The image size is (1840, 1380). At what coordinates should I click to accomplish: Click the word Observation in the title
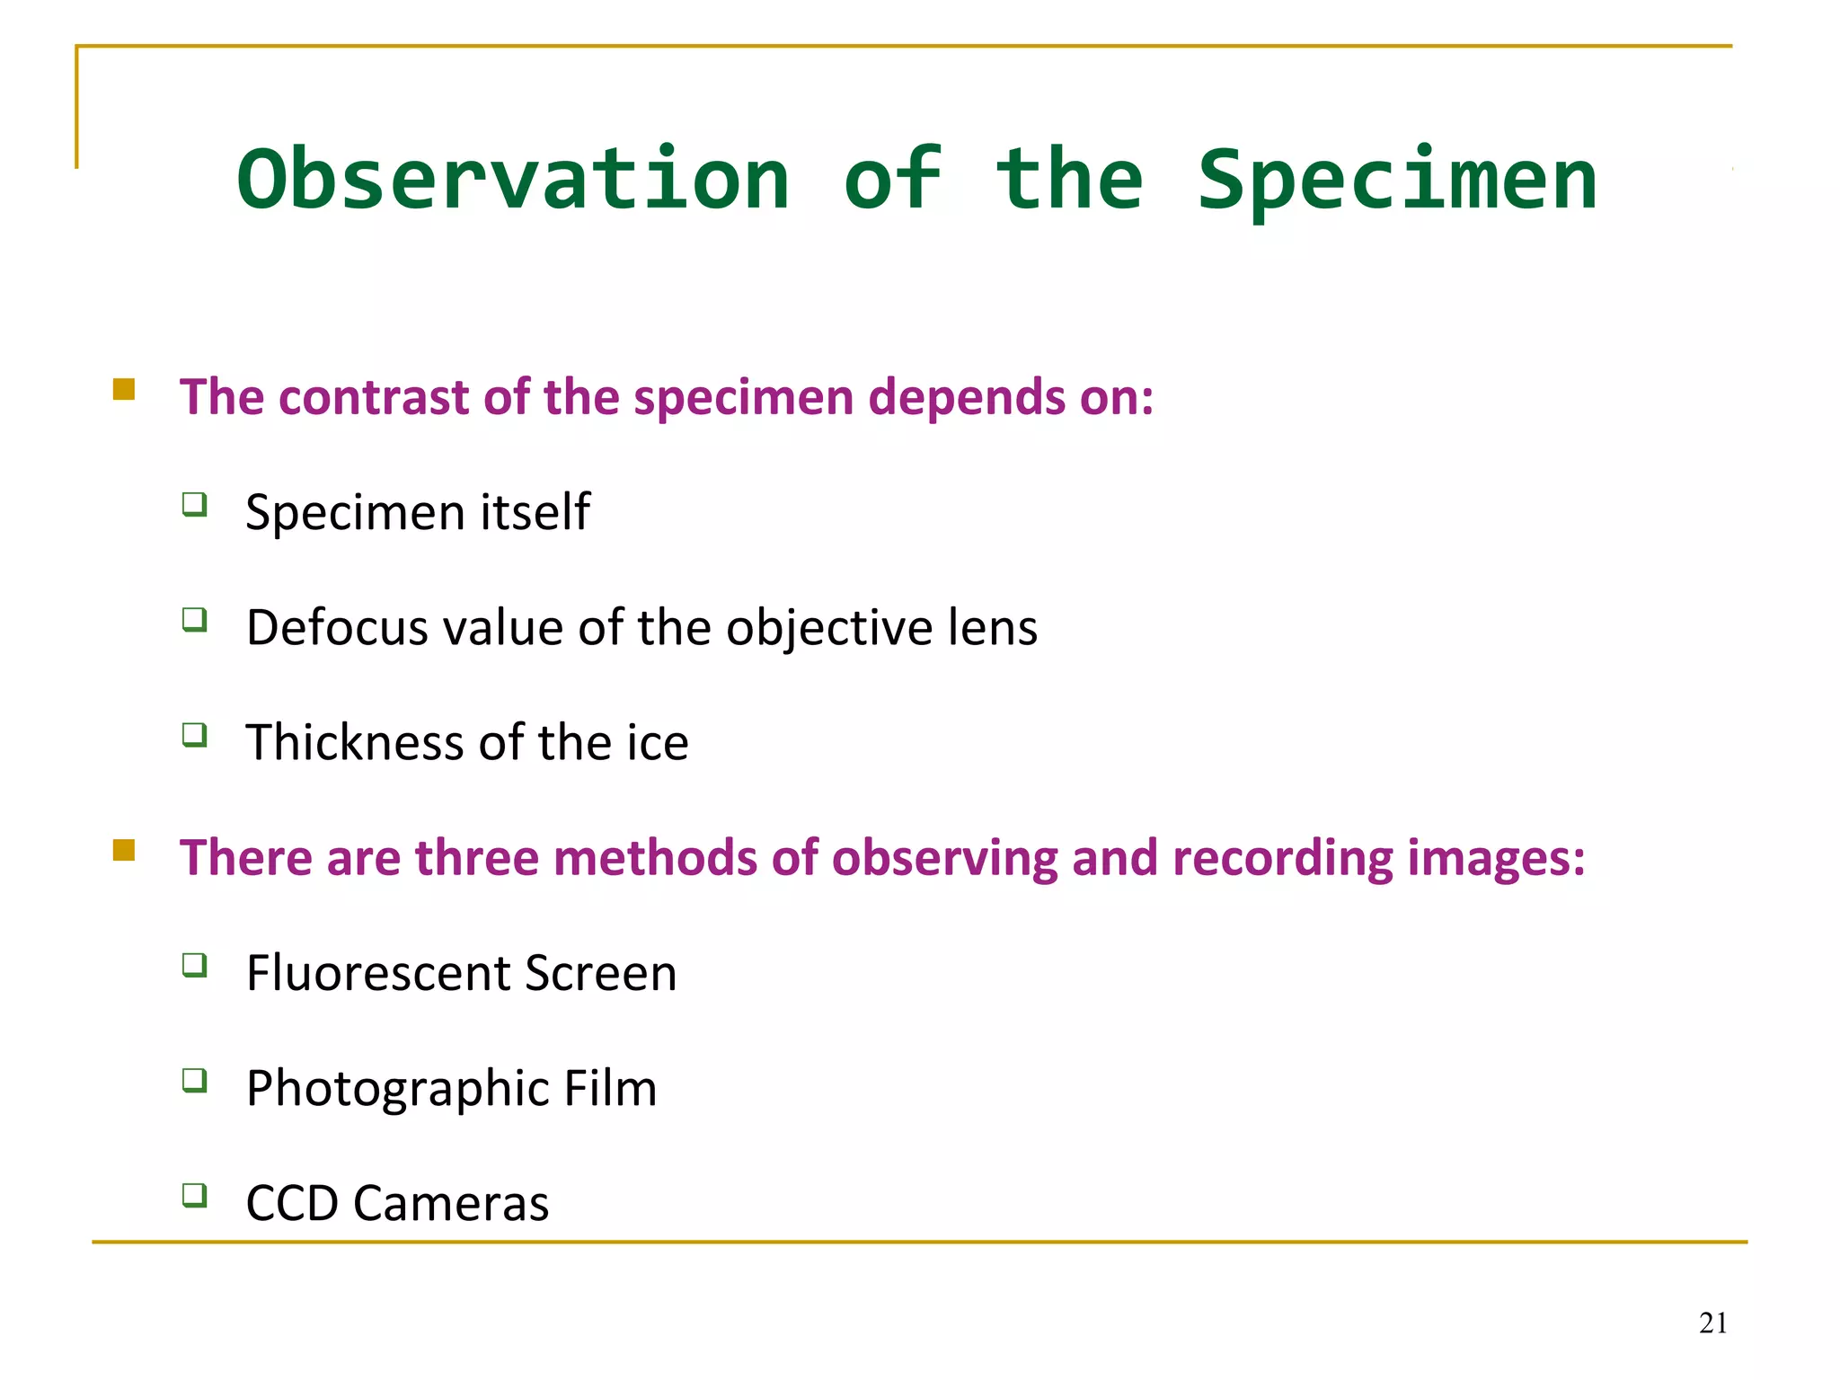pos(513,180)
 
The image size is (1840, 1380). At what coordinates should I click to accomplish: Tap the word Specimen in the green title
pos(1397,180)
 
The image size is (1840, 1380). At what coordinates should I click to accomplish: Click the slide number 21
pos(1712,1322)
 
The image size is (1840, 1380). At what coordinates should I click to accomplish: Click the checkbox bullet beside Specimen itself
pos(194,504)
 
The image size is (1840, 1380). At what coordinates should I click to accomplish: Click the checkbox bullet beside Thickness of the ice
pos(194,735)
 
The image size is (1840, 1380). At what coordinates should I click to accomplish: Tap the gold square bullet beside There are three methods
pos(124,850)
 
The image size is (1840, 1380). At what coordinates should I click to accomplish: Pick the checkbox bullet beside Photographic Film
pos(194,1080)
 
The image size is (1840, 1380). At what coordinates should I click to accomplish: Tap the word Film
pos(610,1088)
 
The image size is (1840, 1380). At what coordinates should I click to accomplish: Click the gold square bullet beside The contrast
pos(124,389)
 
